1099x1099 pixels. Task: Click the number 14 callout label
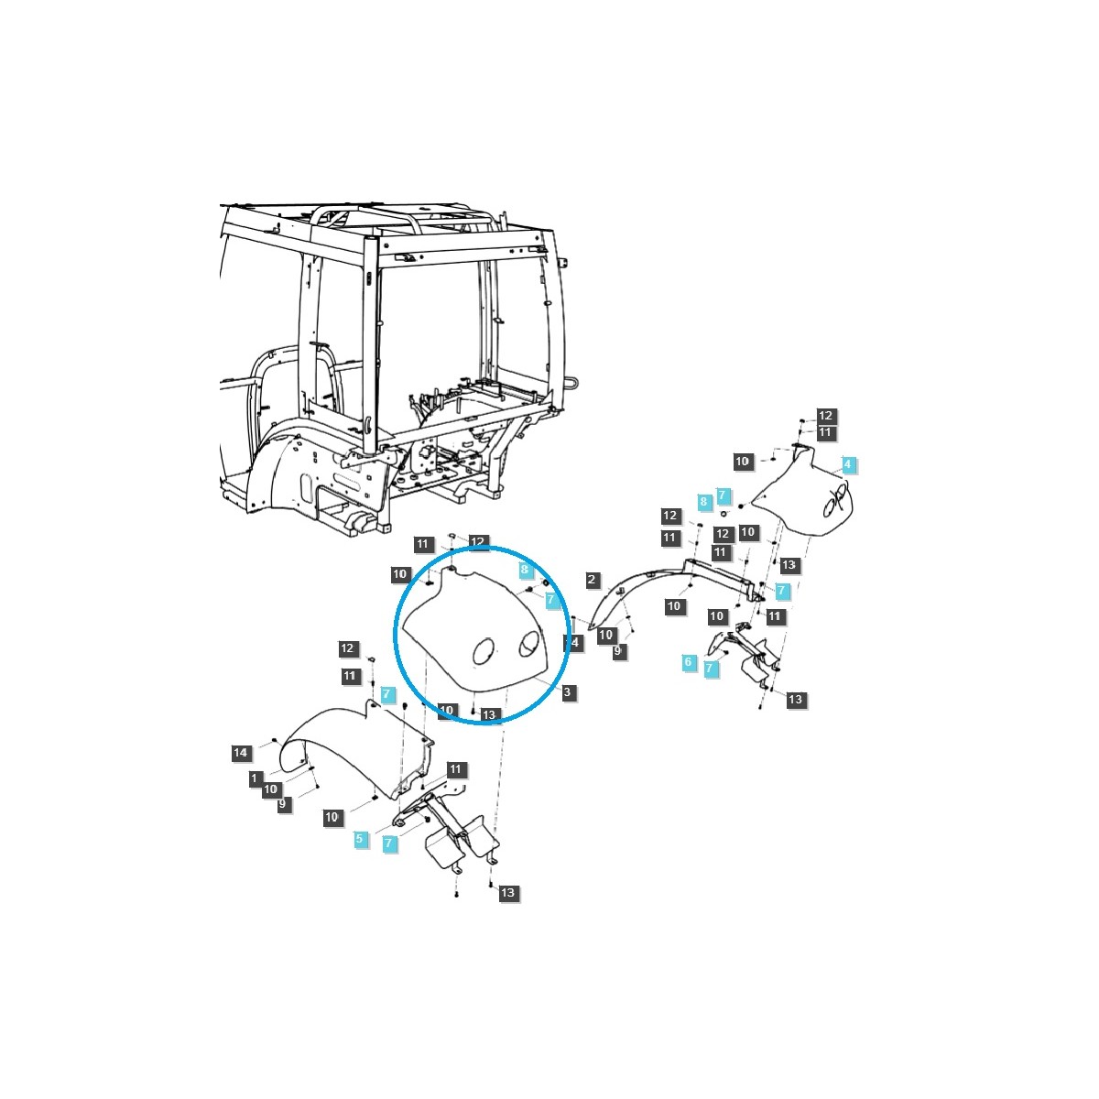pyautogui.click(x=240, y=753)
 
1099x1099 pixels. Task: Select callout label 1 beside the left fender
pyautogui.click(x=255, y=778)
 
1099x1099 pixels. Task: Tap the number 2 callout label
pyautogui.click(x=593, y=580)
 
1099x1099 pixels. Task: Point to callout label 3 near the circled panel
pyautogui.click(x=567, y=692)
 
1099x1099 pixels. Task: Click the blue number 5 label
pyautogui.click(x=360, y=838)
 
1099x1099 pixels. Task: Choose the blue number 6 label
pyautogui.click(x=689, y=661)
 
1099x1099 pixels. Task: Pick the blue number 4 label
pyautogui.click(x=848, y=464)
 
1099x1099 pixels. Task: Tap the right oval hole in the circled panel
pyautogui.click(x=528, y=646)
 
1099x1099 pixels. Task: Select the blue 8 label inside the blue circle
pyautogui.click(x=525, y=570)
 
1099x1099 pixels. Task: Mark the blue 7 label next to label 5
pyautogui.click(x=390, y=843)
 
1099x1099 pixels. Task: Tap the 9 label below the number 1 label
pyautogui.click(x=283, y=803)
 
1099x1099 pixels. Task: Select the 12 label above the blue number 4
pyautogui.click(x=825, y=416)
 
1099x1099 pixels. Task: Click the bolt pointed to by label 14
pyautogui.click(x=274, y=740)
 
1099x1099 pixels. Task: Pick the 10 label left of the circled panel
pyautogui.click(x=400, y=574)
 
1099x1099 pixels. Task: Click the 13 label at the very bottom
pyautogui.click(x=508, y=893)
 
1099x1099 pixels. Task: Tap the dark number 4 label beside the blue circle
pyautogui.click(x=574, y=643)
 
